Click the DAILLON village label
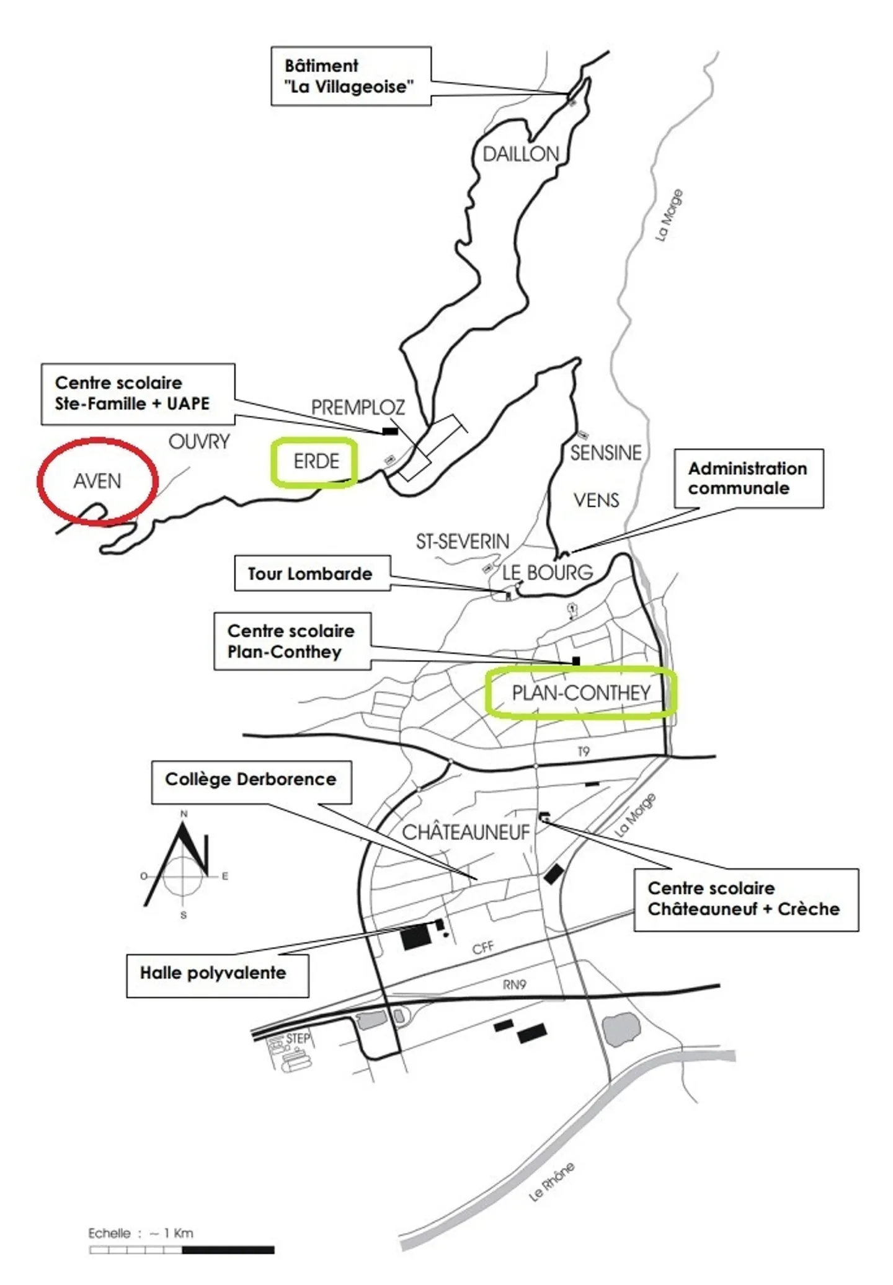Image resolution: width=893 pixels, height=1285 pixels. [521, 154]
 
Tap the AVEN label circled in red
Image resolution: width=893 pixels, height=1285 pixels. [97, 481]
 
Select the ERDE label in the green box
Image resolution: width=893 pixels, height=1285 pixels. [316, 461]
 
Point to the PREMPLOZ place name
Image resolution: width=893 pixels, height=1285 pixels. [358, 407]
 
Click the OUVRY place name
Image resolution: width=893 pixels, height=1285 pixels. [199, 441]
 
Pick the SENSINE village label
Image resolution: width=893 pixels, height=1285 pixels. [606, 453]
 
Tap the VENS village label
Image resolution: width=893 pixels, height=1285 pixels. [596, 500]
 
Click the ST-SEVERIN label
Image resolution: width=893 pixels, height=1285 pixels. [462, 542]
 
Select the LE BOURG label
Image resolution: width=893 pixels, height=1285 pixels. [547, 572]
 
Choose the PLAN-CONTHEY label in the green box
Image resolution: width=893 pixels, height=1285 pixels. [581, 692]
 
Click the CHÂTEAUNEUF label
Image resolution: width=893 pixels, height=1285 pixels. [466, 832]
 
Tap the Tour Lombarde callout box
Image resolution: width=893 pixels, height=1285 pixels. [312, 573]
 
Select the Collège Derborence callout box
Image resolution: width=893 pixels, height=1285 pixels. [251, 782]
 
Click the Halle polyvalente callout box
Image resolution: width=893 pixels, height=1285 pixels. [217, 976]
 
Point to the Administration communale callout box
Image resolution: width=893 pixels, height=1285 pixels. [749, 479]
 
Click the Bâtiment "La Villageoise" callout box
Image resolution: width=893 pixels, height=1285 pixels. [351, 76]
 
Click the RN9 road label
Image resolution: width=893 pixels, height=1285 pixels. [515, 984]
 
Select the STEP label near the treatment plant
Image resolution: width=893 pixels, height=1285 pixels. [298, 1038]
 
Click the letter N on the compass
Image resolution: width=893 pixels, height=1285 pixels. [184, 814]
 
